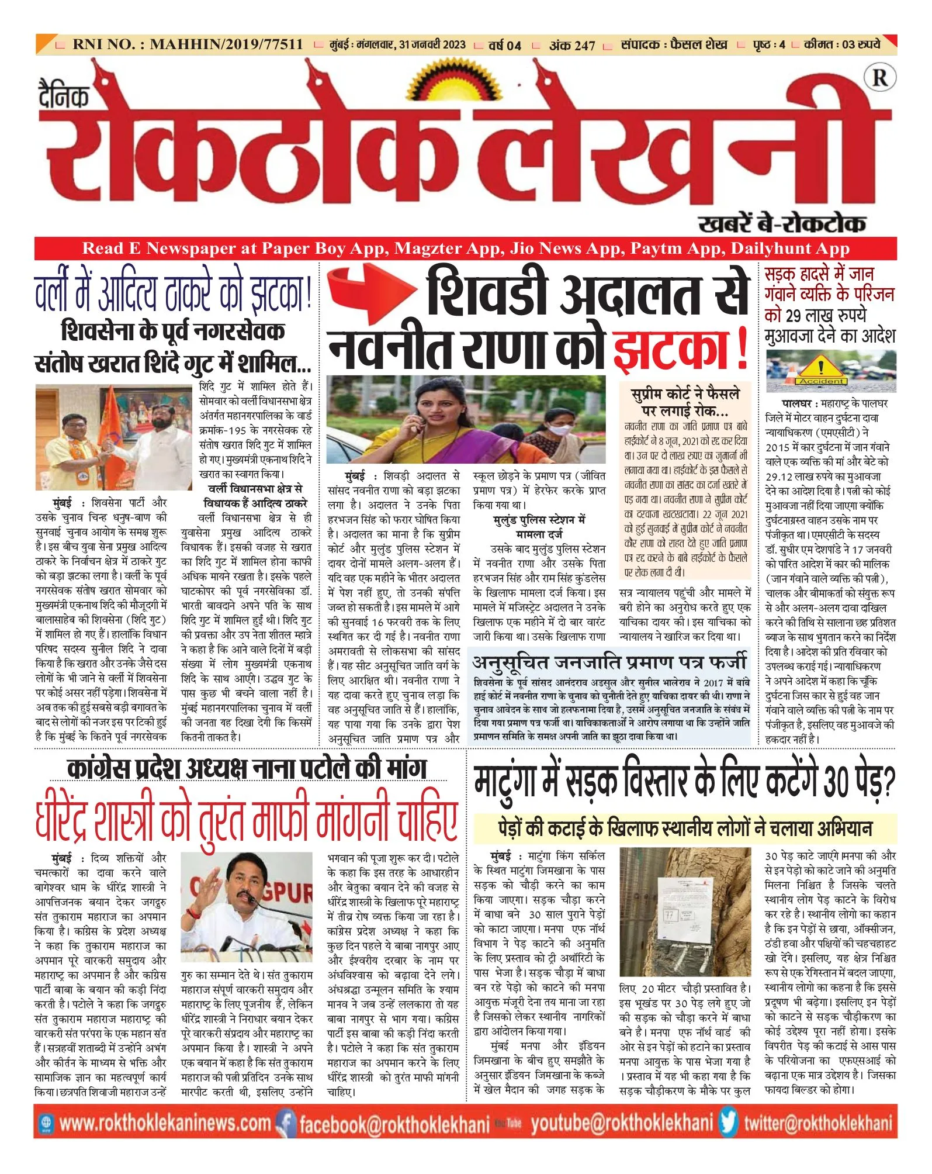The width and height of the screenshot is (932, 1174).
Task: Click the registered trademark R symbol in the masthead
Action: click(879, 78)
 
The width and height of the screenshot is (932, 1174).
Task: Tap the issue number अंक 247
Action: click(572, 45)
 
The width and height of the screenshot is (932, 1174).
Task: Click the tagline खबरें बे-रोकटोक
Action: click(782, 224)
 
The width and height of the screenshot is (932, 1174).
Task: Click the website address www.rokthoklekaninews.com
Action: click(165, 1123)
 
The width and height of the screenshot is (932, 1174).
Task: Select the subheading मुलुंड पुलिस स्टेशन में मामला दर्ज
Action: click(539, 526)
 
